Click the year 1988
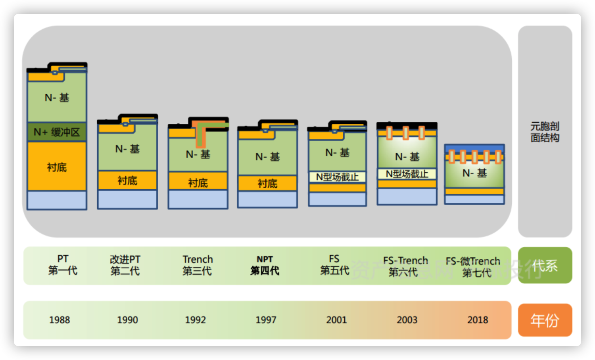59,320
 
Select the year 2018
478,320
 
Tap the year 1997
266,320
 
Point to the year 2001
336,320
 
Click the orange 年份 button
545,320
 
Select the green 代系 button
545,266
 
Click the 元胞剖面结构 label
545,132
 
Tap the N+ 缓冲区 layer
57,132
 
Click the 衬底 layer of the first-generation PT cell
57,167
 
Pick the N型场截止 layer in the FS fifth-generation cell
337,177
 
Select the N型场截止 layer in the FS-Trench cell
407,174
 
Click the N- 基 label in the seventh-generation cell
474,173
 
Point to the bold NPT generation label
265,259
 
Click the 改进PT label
125,260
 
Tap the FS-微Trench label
473,261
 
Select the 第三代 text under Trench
197,271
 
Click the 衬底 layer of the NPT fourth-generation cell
267,183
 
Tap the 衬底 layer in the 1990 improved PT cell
127,181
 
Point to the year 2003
407,320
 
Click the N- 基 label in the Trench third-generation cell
198,154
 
